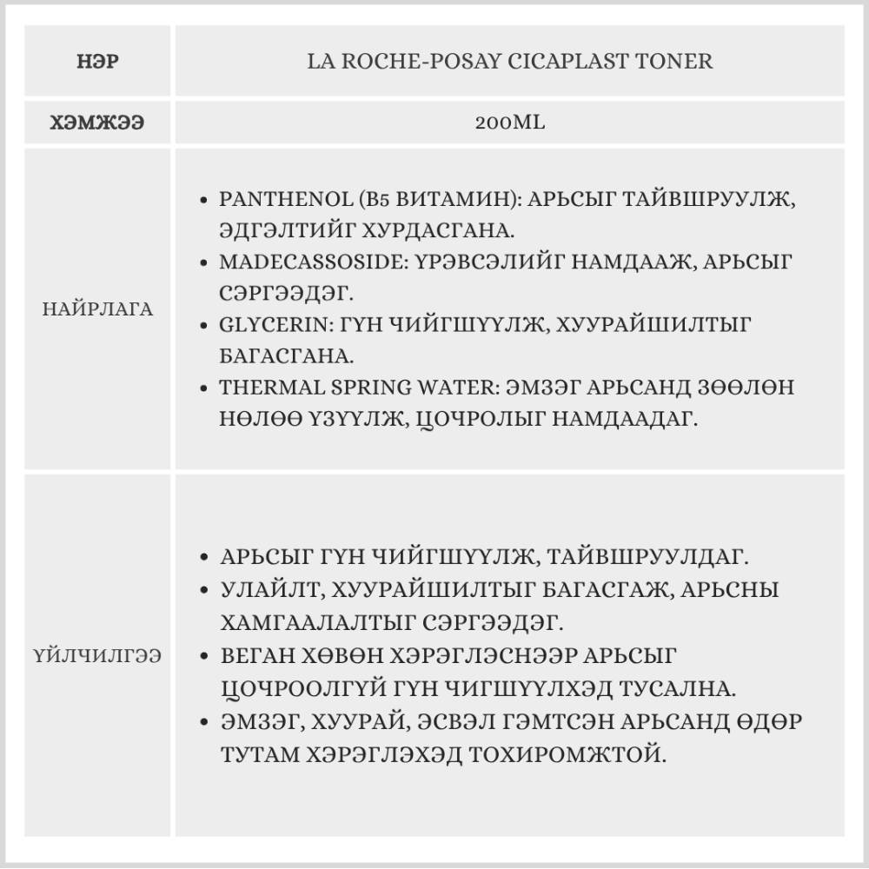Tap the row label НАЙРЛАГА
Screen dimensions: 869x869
[x=97, y=309]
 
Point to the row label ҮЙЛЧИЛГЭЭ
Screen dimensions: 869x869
[x=97, y=654]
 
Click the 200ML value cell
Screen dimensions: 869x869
[x=510, y=123]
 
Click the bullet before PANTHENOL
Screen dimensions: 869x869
[x=203, y=200]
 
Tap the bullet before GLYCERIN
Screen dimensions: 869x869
[x=203, y=326]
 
